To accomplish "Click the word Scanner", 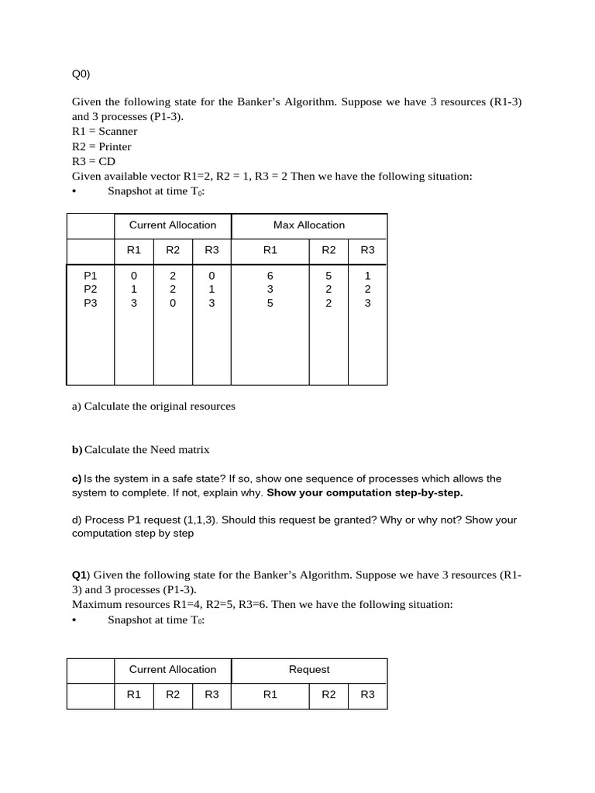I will [118, 132].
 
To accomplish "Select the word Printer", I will [115, 147].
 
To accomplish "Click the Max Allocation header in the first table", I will [308, 225].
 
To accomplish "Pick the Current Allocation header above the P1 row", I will [173, 225].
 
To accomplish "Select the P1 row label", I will [91, 275].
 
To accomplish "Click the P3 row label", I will [91, 304].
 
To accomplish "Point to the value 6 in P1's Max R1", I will [270, 275].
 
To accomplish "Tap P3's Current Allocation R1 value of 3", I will [134, 304].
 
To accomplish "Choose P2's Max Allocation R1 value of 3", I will [270, 289].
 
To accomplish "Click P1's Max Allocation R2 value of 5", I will [328, 275].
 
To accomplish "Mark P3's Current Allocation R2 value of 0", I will [173, 304].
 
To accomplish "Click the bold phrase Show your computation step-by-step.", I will [364, 493].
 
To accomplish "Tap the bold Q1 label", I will [79, 575].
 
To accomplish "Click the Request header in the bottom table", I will [308, 670].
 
